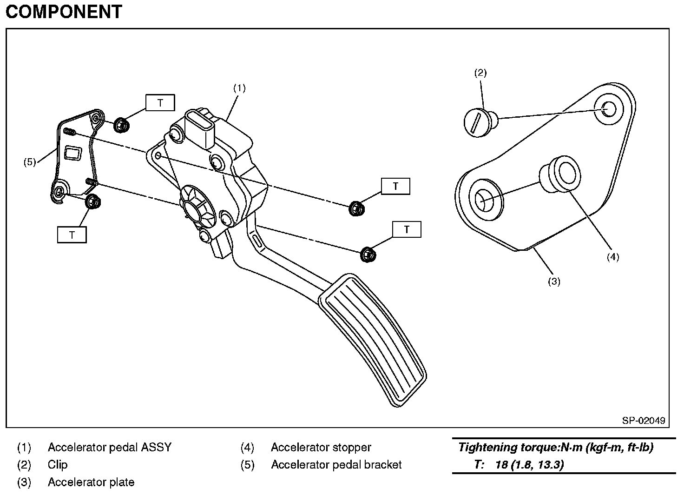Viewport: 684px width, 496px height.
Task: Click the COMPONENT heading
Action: [64, 12]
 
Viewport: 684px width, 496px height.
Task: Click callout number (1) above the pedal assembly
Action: [239, 88]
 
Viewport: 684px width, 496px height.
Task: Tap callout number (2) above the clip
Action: [480, 73]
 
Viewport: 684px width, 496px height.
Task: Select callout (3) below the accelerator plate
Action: [554, 281]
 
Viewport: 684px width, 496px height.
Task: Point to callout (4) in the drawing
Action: [613, 256]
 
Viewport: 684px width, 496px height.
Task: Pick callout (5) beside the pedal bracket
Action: [30, 162]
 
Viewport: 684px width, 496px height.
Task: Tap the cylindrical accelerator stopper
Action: [560, 175]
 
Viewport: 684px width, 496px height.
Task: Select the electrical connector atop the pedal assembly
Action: [201, 126]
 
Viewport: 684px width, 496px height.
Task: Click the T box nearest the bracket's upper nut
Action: [160, 103]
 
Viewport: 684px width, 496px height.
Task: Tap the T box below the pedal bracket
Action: [72, 235]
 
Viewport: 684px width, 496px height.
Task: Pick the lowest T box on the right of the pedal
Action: [407, 230]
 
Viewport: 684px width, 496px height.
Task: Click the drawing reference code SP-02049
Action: [644, 421]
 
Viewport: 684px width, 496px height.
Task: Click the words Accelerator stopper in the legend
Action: [321, 448]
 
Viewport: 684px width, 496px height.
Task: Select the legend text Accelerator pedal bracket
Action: [336, 465]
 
